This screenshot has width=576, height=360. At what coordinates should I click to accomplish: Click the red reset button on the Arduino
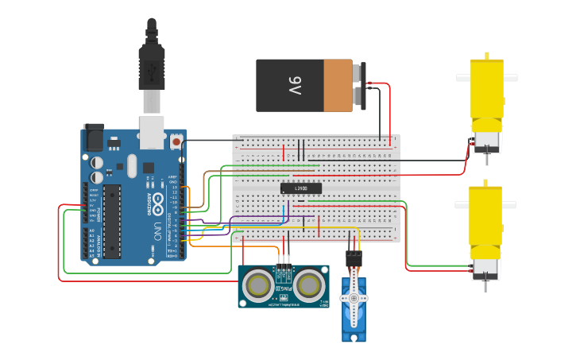(x=176, y=141)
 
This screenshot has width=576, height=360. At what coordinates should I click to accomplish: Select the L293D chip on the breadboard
(x=301, y=188)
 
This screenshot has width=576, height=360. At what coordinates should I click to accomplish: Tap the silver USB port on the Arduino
(x=151, y=131)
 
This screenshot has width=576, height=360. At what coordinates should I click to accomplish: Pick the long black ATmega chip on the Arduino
(x=112, y=222)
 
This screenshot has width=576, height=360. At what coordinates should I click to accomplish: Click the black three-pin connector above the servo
(x=354, y=260)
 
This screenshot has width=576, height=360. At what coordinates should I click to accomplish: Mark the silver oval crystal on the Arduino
(x=131, y=167)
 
